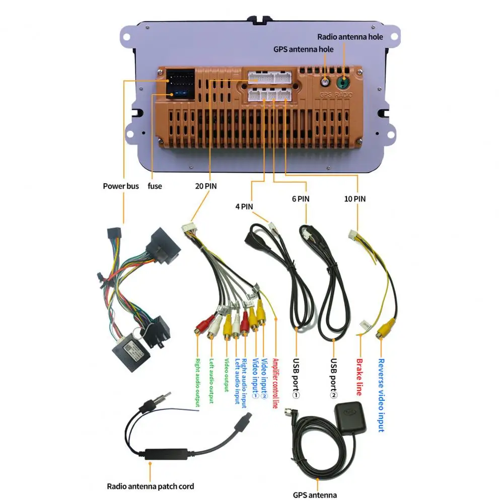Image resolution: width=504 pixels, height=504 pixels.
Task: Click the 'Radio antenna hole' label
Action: (350, 37)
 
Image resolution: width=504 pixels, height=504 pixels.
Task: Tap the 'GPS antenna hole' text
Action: (303, 49)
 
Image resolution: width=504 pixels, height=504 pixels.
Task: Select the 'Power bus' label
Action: (121, 186)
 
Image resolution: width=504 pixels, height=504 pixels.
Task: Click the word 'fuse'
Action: (155, 186)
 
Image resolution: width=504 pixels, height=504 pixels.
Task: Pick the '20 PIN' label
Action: (206, 186)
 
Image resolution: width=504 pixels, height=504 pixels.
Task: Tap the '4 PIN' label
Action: (244, 206)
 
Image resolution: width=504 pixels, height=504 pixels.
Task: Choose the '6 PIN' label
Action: (300, 199)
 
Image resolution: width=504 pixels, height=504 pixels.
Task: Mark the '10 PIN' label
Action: (355, 199)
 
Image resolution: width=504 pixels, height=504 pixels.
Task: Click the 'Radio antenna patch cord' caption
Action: (151, 486)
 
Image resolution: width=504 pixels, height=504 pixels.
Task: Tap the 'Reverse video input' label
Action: (381, 395)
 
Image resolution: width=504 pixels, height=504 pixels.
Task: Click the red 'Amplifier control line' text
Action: (275, 383)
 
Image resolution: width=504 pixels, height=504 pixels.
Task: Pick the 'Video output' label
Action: (227, 375)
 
